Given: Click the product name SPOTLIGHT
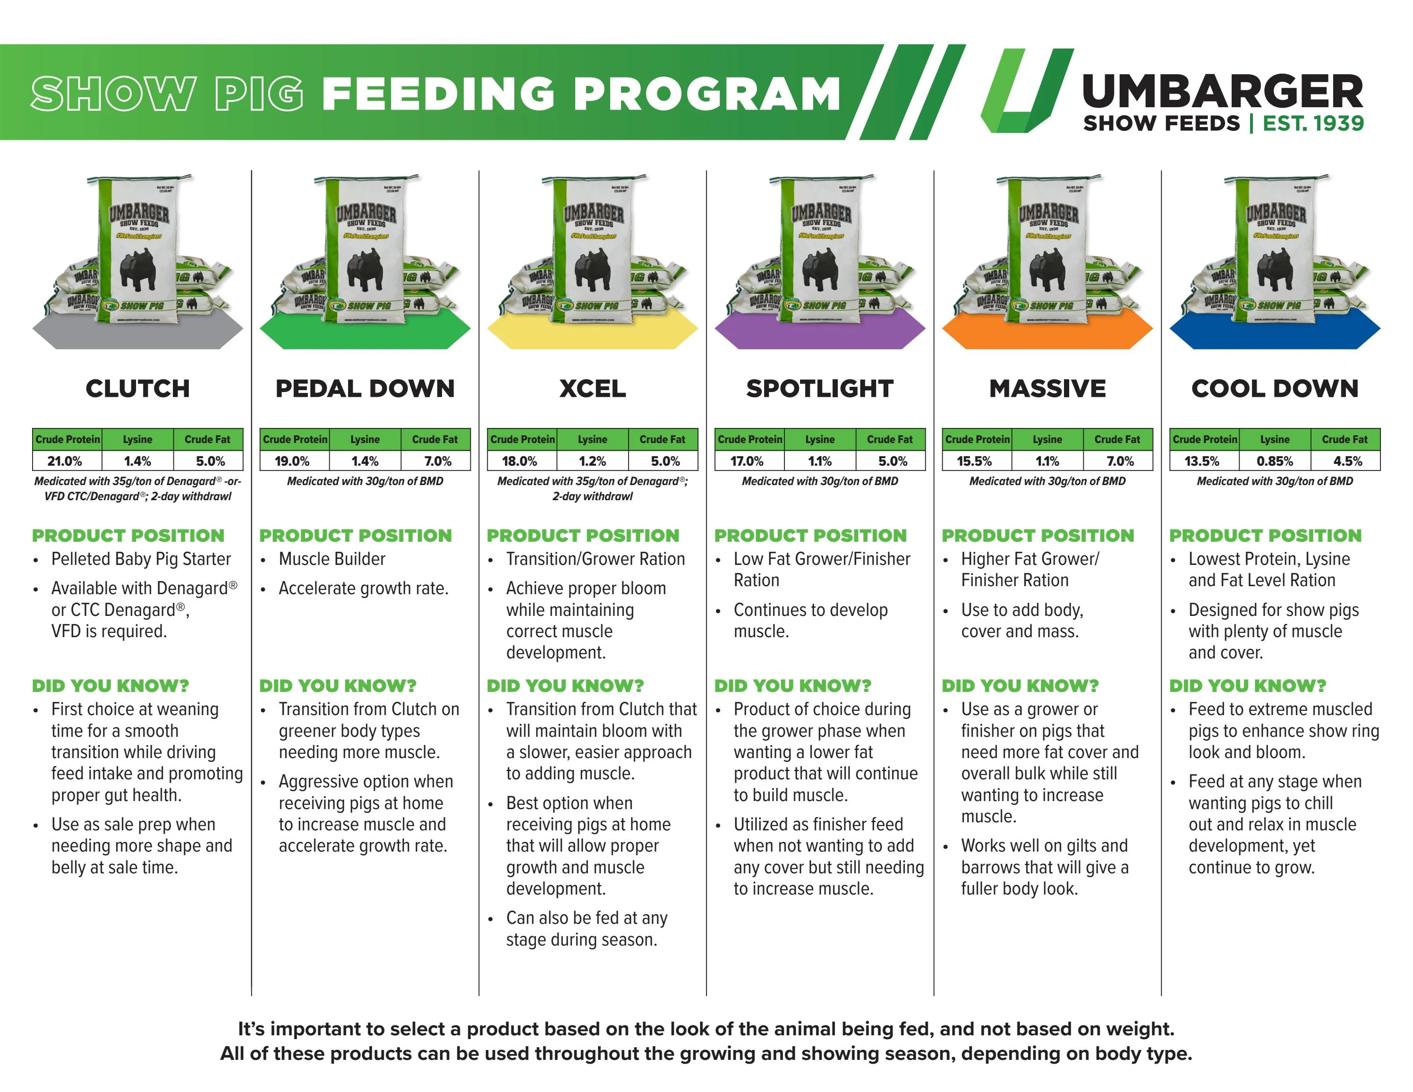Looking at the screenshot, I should point(820,389).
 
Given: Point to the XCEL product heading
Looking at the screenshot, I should point(592,389).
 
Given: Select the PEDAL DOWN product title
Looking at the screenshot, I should point(365,389).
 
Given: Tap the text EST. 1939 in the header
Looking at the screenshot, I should point(1313,123).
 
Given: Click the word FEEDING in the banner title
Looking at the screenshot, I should point(438,94).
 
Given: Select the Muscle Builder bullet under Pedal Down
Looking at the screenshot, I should point(332,559).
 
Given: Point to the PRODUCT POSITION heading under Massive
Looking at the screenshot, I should point(1038,536).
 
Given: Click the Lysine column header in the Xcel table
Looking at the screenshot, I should point(592,439).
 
